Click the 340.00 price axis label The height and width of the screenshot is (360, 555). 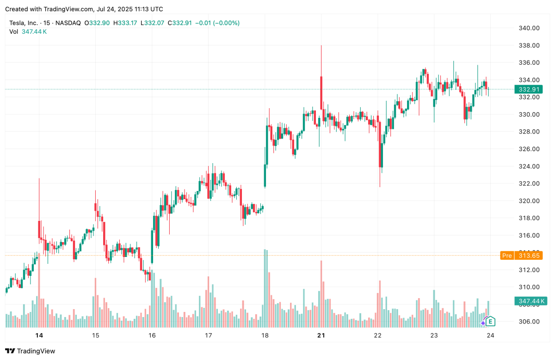[529, 28]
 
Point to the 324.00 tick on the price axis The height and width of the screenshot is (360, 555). [529, 166]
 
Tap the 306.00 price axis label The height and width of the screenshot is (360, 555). [529, 322]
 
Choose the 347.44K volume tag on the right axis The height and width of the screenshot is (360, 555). [530, 301]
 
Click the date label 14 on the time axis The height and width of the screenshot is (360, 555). [39, 336]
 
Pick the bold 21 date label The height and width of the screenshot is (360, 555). [321, 336]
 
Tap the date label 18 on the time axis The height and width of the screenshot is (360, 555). [265, 336]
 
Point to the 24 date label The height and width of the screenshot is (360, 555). [490, 336]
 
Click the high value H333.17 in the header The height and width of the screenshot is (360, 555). [125, 23]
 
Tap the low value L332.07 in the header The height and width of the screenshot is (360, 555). [153, 23]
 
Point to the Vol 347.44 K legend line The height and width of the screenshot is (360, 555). [28, 31]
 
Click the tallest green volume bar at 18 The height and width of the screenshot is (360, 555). [265, 287]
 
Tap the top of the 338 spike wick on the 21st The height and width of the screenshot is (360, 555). [321, 46]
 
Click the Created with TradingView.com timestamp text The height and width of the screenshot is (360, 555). [84, 9]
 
